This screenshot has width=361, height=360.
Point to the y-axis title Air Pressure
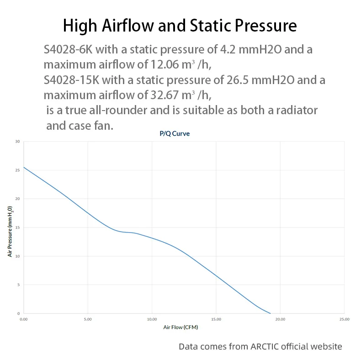coord(10,231)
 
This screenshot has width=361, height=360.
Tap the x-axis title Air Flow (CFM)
coord(180,328)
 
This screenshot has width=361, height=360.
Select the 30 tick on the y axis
coord(18,141)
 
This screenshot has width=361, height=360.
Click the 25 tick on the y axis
coord(18,170)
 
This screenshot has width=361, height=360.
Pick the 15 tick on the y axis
coord(18,228)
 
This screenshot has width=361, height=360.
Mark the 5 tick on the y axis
coord(19,285)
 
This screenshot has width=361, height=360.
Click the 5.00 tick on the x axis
coord(88,319)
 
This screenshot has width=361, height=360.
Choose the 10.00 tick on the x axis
coord(152,319)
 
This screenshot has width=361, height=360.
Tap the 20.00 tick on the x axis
coord(280,319)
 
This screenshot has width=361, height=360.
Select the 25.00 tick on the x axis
coord(345,319)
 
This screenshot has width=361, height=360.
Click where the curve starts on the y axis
coord(24,167)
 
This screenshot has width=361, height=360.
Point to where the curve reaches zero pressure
coord(271,313)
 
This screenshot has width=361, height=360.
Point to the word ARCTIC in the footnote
coord(267,346)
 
